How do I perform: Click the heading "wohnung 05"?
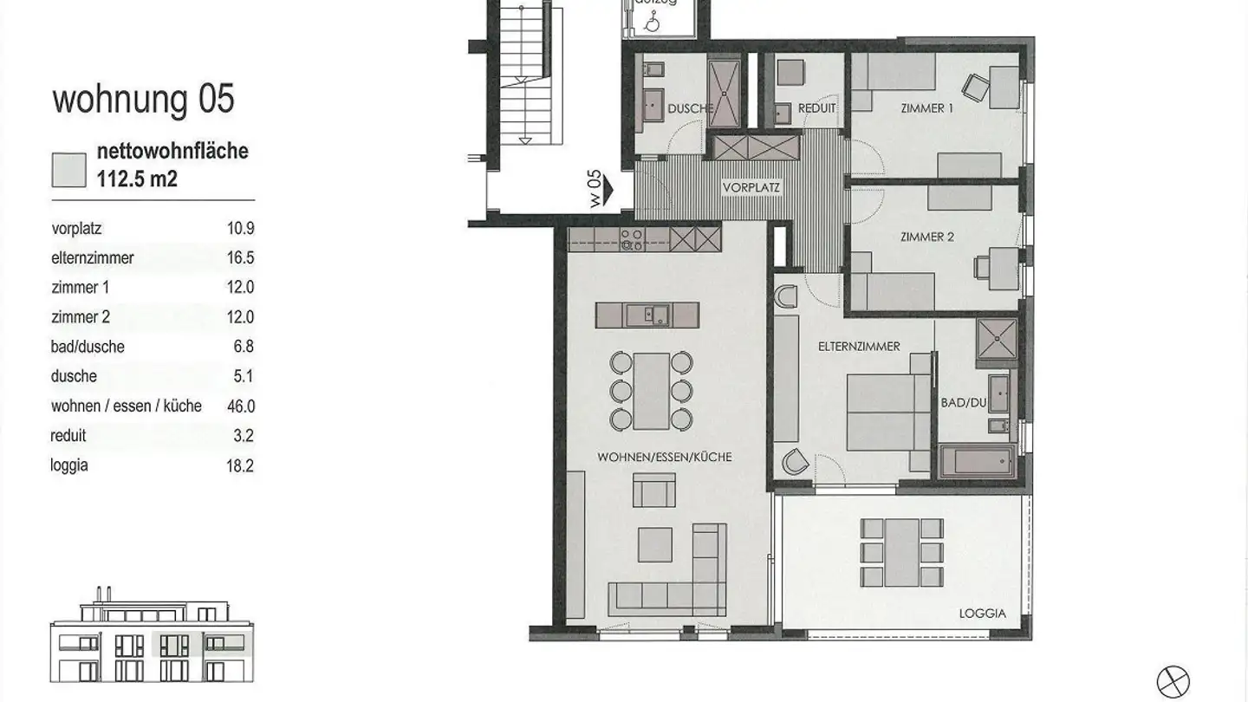[143, 99]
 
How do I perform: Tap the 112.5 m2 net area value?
[137, 179]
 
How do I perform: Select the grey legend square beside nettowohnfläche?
[69, 170]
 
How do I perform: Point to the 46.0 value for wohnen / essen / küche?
[241, 406]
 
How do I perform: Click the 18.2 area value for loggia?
[240, 465]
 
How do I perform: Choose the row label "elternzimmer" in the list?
[93, 258]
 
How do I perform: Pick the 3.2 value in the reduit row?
[244, 436]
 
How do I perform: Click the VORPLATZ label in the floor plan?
[751, 188]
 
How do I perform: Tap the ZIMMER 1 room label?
[926, 108]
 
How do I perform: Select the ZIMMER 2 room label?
[927, 237]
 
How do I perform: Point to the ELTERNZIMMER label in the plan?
[859, 347]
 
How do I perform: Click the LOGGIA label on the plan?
[982, 614]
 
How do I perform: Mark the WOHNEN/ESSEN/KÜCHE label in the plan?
[665, 457]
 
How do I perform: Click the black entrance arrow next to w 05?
[608, 191]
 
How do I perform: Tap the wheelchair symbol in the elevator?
[652, 23]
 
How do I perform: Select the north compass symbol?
[1173, 681]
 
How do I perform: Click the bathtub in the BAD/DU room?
[977, 461]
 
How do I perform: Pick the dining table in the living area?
[651, 391]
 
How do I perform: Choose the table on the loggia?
[901, 553]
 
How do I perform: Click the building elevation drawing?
[152, 634]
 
